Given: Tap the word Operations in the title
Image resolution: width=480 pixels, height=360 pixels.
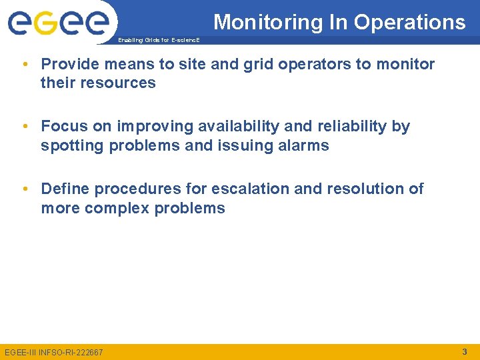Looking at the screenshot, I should point(410,23).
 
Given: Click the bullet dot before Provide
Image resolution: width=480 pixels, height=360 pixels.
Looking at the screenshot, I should point(24,65).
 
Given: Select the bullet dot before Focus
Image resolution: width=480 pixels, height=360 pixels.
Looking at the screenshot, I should point(24,127).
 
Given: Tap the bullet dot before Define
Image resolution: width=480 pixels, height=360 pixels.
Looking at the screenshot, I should point(24,189).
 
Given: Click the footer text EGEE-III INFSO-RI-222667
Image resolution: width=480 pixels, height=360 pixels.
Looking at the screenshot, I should point(54,352).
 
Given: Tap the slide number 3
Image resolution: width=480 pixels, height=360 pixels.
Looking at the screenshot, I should point(464,351).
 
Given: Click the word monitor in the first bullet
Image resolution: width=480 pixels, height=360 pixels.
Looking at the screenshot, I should point(407,65).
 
